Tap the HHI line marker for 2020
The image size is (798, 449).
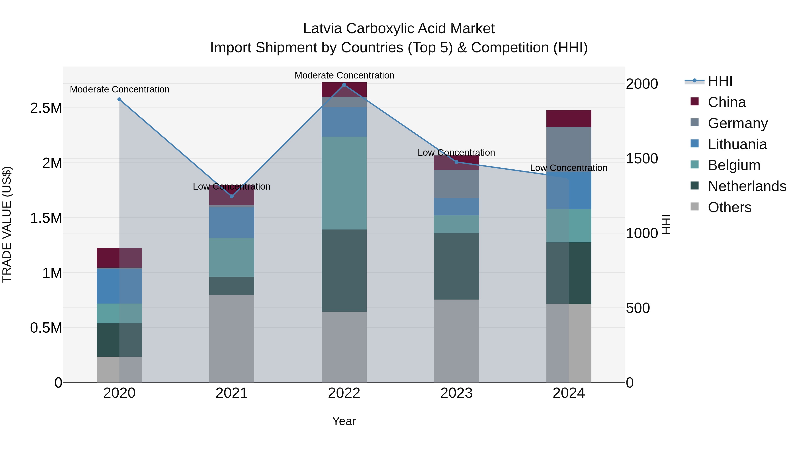point(119,100)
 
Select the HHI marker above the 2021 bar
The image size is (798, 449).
point(232,196)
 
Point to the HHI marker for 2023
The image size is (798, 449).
point(456,162)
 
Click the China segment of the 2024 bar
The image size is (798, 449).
point(569,118)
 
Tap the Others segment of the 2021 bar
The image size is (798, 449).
point(232,338)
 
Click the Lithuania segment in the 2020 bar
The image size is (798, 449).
point(119,286)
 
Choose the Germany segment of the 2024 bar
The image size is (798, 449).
point(569,149)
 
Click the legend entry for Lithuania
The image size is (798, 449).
point(737,144)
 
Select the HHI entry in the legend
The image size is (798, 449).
point(720,81)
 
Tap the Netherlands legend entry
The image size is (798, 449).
point(747,186)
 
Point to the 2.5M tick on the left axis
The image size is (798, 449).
point(46,108)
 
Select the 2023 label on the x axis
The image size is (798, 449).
point(456,393)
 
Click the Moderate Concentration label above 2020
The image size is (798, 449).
point(119,89)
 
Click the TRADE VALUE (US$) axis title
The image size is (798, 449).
point(7,224)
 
